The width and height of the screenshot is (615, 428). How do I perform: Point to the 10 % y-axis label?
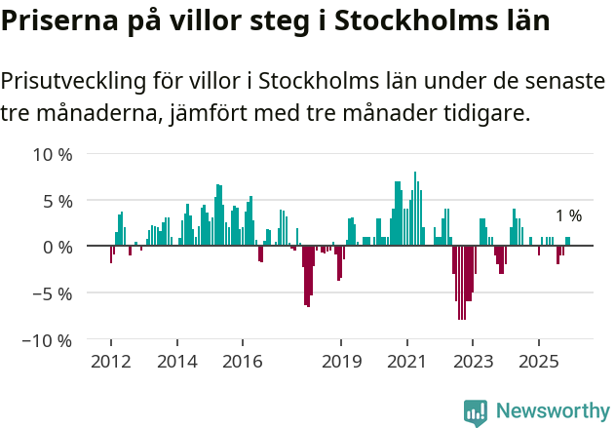point(53,154)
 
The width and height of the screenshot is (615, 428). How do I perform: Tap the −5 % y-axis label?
point(53,293)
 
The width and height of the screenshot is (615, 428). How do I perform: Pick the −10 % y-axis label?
point(49,340)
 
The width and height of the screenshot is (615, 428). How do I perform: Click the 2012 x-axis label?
point(110,362)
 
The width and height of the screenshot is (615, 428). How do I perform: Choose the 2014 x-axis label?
point(177,362)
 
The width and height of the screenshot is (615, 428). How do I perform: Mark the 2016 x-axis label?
point(243,362)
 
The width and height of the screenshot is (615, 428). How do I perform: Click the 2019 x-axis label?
point(340,362)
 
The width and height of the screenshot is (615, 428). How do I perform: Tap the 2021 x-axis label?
point(406,362)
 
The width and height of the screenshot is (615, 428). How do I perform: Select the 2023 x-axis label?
point(473,362)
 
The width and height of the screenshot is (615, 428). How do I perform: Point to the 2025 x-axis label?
point(539,362)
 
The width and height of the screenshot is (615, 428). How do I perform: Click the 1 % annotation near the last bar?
point(568,216)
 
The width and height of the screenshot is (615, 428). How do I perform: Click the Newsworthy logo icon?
point(476,411)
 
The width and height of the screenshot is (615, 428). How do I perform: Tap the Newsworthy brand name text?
point(552,410)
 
